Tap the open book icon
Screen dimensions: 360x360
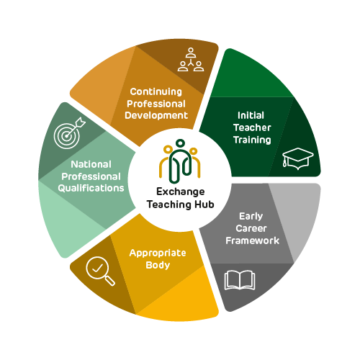[x=240, y=280]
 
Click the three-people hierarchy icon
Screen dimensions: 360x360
[x=191, y=60]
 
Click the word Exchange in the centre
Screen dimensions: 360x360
[x=181, y=192]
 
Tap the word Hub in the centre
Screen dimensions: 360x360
[x=204, y=204]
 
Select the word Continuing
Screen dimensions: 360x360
[x=156, y=91]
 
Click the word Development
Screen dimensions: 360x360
[x=156, y=115]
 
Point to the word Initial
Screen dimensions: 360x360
[x=251, y=115]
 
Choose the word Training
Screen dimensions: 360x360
[x=252, y=140]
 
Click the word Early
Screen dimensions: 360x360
[x=251, y=217]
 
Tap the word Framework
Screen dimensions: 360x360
[x=252, y=240]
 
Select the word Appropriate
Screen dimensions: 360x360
[x=158, y=253]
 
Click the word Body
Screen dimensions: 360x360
[x=158, y=265]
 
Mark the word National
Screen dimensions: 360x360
[x=91, y=164]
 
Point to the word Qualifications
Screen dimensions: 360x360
[x=91, y=188]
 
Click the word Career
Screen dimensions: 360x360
[x=251, y=228]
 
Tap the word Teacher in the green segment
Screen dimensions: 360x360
[x=252, y=127]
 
